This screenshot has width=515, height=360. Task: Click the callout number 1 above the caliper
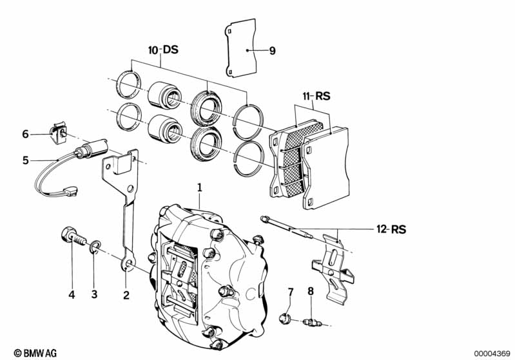pos(199,187)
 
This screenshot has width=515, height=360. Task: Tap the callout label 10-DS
pos(163,50)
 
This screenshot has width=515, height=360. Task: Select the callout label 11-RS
pos(316,97)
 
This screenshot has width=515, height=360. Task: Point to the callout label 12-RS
pos(391,229)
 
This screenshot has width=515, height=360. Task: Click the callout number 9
pos(272,51)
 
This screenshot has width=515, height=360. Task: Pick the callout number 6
pos(25,134)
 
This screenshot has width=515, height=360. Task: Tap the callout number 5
pos(26,160)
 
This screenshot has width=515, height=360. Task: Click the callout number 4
pos(72,295)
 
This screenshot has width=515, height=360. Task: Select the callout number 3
pos(94,294)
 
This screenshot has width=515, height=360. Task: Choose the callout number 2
pos(126,295)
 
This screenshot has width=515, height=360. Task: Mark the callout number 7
pos(291,292)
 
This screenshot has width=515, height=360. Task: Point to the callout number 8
pos(311,291)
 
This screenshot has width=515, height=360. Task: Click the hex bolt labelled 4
pos(73,239)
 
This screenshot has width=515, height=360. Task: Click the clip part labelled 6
pos(59,133)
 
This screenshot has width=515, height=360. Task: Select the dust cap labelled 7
pos(284,318)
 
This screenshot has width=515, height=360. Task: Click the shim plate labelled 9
pos(241,48)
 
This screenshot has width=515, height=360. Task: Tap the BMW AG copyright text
pos(35,353)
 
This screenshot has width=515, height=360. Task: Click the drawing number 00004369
pos(492,354)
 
